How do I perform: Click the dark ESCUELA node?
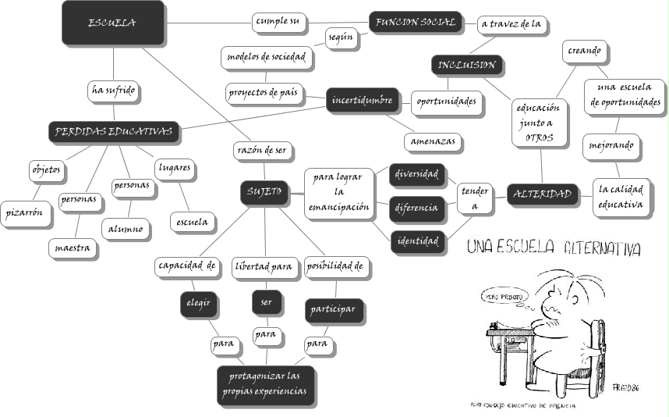[112, 23]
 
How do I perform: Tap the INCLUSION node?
[465, 65]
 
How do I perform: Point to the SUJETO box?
[264, 191]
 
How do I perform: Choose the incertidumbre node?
[361, 101]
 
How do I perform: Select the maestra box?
[72, 248]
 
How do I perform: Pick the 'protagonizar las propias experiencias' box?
[265, 384]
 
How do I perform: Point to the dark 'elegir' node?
[198, 303]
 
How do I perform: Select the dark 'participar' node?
[334, 308]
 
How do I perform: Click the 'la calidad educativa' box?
[621, 197]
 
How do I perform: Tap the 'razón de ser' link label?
[264, 149]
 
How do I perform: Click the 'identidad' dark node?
[417, 241]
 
